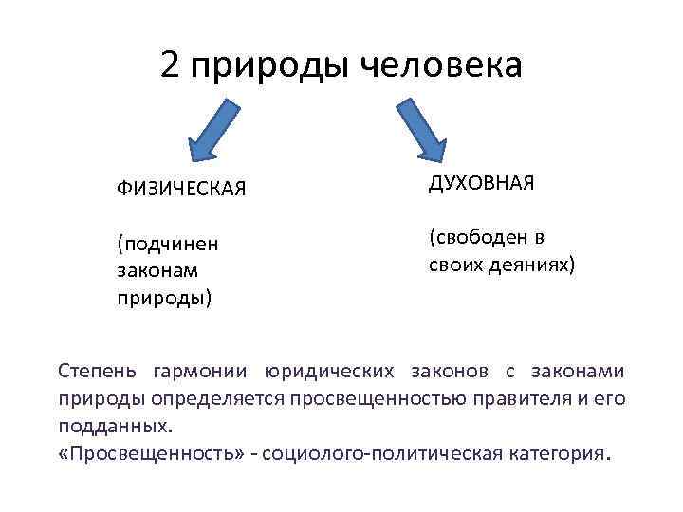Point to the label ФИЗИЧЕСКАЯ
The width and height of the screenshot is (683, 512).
point(181,189)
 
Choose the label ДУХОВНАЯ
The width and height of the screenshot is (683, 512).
point(482,182)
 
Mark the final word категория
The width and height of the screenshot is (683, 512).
point(555,453)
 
